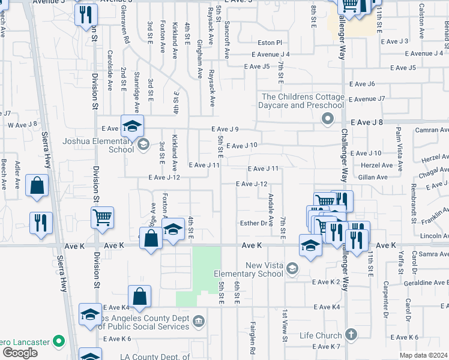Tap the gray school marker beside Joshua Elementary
click(143, 144)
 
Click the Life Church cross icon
click(351, 335)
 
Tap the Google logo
click(20, 353)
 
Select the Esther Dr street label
click(253, 223)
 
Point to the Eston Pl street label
click(270, 43)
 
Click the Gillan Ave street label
click(373, 177)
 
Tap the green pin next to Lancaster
click(58, 341)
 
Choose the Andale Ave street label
click(271, 205)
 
